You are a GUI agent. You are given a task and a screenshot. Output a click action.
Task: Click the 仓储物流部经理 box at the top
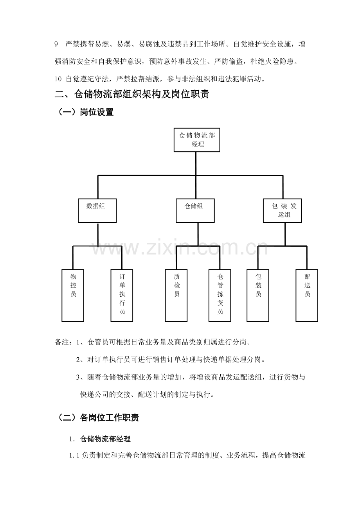[x=197, y=140]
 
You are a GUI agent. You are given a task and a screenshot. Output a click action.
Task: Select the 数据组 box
[x=97, y=211]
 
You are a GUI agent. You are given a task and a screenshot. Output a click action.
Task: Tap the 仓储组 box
[x=194, y=211]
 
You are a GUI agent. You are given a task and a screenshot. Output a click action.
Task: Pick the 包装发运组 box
[x=282, y=211]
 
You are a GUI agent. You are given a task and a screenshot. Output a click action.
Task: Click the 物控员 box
[x=73, y=295]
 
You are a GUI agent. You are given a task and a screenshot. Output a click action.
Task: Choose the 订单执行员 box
[x=122, y=295]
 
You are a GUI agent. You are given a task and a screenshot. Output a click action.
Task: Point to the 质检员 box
[x=176, y=295]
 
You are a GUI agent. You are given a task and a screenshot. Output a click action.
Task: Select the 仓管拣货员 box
[x=220, y=295]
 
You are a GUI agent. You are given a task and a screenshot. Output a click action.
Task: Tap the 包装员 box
[x=258, y=295]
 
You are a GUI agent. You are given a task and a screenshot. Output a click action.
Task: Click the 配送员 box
[x=307, y=295]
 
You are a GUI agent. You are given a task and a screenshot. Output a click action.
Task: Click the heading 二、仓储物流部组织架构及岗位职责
[x=132, y=95]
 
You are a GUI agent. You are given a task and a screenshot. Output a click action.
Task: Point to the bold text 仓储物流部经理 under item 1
[x=105, y=439]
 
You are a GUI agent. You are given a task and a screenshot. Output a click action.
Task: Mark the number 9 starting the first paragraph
[x=56, y=45]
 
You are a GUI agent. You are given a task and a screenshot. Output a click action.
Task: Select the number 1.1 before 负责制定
[x=75, y=455]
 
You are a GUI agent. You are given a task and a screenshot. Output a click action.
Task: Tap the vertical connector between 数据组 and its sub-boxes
[x=97, y=234]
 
